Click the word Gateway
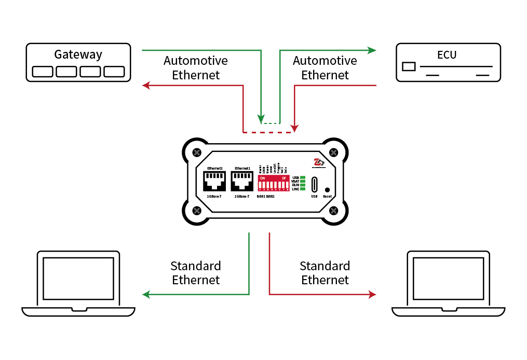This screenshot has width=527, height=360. click(78, 54)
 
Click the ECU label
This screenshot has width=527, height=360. click(447, 54)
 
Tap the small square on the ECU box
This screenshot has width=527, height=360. click(409, 66)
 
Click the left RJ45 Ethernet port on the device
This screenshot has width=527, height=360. click(214, 182)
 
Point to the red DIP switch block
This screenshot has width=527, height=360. click(273, 183)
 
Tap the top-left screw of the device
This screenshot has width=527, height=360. click(197, 153)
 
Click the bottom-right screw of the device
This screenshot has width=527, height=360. click(334, 211)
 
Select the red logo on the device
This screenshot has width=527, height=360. click(318, 162)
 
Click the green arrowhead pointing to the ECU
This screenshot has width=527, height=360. click(372, 50)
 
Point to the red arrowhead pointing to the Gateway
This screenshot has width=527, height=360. click(146, 85)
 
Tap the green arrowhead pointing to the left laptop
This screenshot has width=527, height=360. click(146, 294)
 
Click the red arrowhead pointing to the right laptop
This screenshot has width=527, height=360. click(372, 294)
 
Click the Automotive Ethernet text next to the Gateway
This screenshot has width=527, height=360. click(196, 68)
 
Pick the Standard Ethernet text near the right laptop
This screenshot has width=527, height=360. click(325, 273)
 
